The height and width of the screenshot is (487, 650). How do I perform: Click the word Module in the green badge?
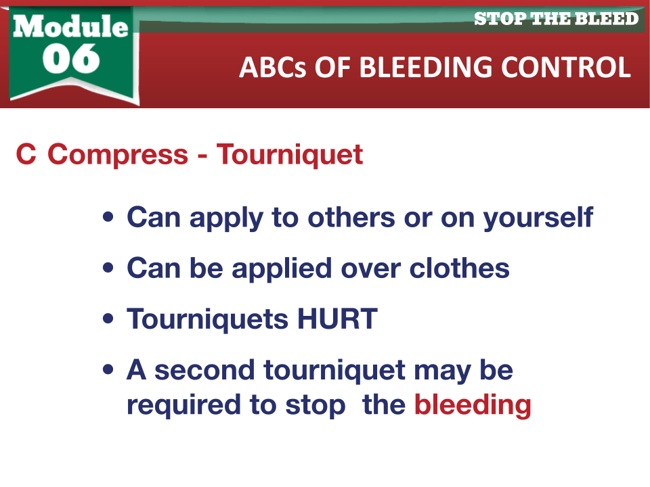pos(70,26)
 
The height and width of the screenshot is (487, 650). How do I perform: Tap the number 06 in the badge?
pos(71,58)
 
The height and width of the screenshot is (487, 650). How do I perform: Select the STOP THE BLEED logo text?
pos(556,19)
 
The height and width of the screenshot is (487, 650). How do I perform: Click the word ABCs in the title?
pos(273,67)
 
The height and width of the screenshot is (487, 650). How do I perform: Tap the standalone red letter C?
pos(26,154)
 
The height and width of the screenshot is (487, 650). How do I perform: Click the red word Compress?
pos(118,155)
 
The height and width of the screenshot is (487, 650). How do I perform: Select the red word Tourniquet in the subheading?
pos(290,155)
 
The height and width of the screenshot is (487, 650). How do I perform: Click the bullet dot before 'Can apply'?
pos(108,216)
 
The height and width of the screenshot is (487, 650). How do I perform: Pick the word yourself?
pos(538,217)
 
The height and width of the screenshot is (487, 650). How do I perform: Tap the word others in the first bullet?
pos(351,217)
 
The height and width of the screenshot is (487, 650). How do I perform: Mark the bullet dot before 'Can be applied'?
pos(108,268)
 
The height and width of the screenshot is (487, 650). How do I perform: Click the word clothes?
pos(459,268)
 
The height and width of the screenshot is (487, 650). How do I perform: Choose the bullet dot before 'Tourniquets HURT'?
pos(108,319)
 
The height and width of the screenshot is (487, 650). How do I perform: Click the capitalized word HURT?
pos(337,319)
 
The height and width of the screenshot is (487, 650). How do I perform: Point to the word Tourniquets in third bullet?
pos(208,319)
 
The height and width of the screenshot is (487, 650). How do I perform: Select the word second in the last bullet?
pos(204,370)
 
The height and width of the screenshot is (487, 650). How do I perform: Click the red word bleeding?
pos(473,404)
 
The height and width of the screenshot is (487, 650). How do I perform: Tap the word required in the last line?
pos(183,404)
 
